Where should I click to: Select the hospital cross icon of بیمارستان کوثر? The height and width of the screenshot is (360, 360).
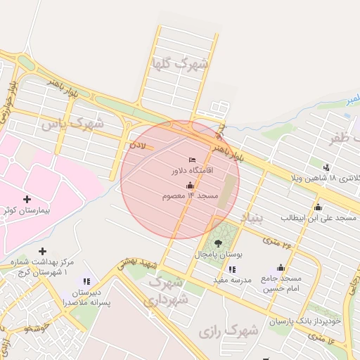[x=27, y=200]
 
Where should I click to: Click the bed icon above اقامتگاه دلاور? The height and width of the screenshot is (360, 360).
[x=192, y=161]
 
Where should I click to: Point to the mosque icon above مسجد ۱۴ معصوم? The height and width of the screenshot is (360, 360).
[x=190, y=185]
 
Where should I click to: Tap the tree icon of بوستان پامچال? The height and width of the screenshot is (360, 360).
[x=218, y=243]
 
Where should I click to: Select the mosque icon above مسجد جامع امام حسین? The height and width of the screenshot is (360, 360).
[x=281, y=268]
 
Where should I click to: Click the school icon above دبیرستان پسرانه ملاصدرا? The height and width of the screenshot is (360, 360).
[x=86, y=281]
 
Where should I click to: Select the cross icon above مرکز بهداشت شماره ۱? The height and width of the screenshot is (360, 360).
[x=43, y=251]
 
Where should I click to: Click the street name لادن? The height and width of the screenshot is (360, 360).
[x=136, y=147]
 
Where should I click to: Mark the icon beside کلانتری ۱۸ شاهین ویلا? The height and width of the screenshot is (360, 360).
[x=326, y=167]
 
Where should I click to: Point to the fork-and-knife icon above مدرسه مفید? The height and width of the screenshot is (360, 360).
[x=233, y=269]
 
